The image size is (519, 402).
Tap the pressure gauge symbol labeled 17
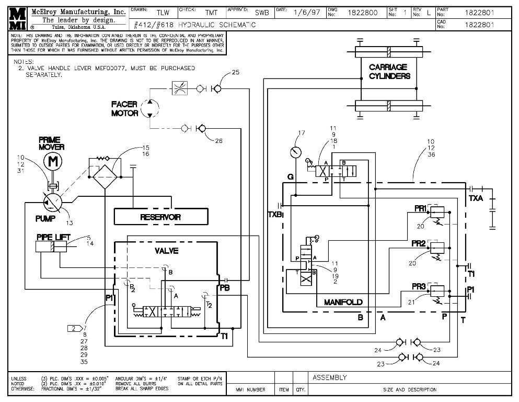(x=296, y=152)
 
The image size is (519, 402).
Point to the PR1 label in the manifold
(x=420, y=208)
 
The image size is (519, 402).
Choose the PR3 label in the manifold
(x=418, y=286)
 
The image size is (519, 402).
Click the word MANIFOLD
(x=343, y=303)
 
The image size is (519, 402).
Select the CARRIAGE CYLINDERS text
(x=389, y=71)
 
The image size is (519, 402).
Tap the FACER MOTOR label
(x=124, y=109)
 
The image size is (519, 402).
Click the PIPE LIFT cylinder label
(x=53, y=237)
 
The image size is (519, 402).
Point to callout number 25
(x=236, y=72)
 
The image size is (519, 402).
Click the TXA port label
(x=476, y=199)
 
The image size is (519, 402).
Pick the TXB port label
(x=275, y=214)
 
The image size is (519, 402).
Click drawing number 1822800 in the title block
(x=363, y=12)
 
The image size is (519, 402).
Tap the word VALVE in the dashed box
(x=166, y=251)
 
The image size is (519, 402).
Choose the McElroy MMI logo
(x=17, y=19)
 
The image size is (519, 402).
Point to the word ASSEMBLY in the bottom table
(x=329, y=377)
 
